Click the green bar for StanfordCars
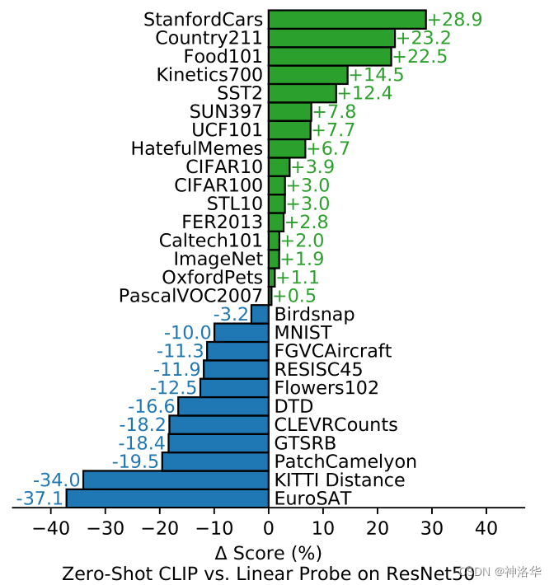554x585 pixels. coord(347,19)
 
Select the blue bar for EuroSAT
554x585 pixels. coord(167,498)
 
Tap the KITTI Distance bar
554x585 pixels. coord(176,480)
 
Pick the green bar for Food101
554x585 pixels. coord(330,56)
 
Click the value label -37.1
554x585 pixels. coord(39,498)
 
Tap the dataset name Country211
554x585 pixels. coord(209,38)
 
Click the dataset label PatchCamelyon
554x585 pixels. coord(345,461)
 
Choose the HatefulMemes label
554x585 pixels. coord(197,148)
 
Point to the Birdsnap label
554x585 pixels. coord(314,314)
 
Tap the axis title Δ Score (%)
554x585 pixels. coord(268,552)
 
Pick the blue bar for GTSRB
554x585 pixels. coord(218,443)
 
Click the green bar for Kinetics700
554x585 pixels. coord(308,75)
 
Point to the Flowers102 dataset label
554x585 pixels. coord(326,387)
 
